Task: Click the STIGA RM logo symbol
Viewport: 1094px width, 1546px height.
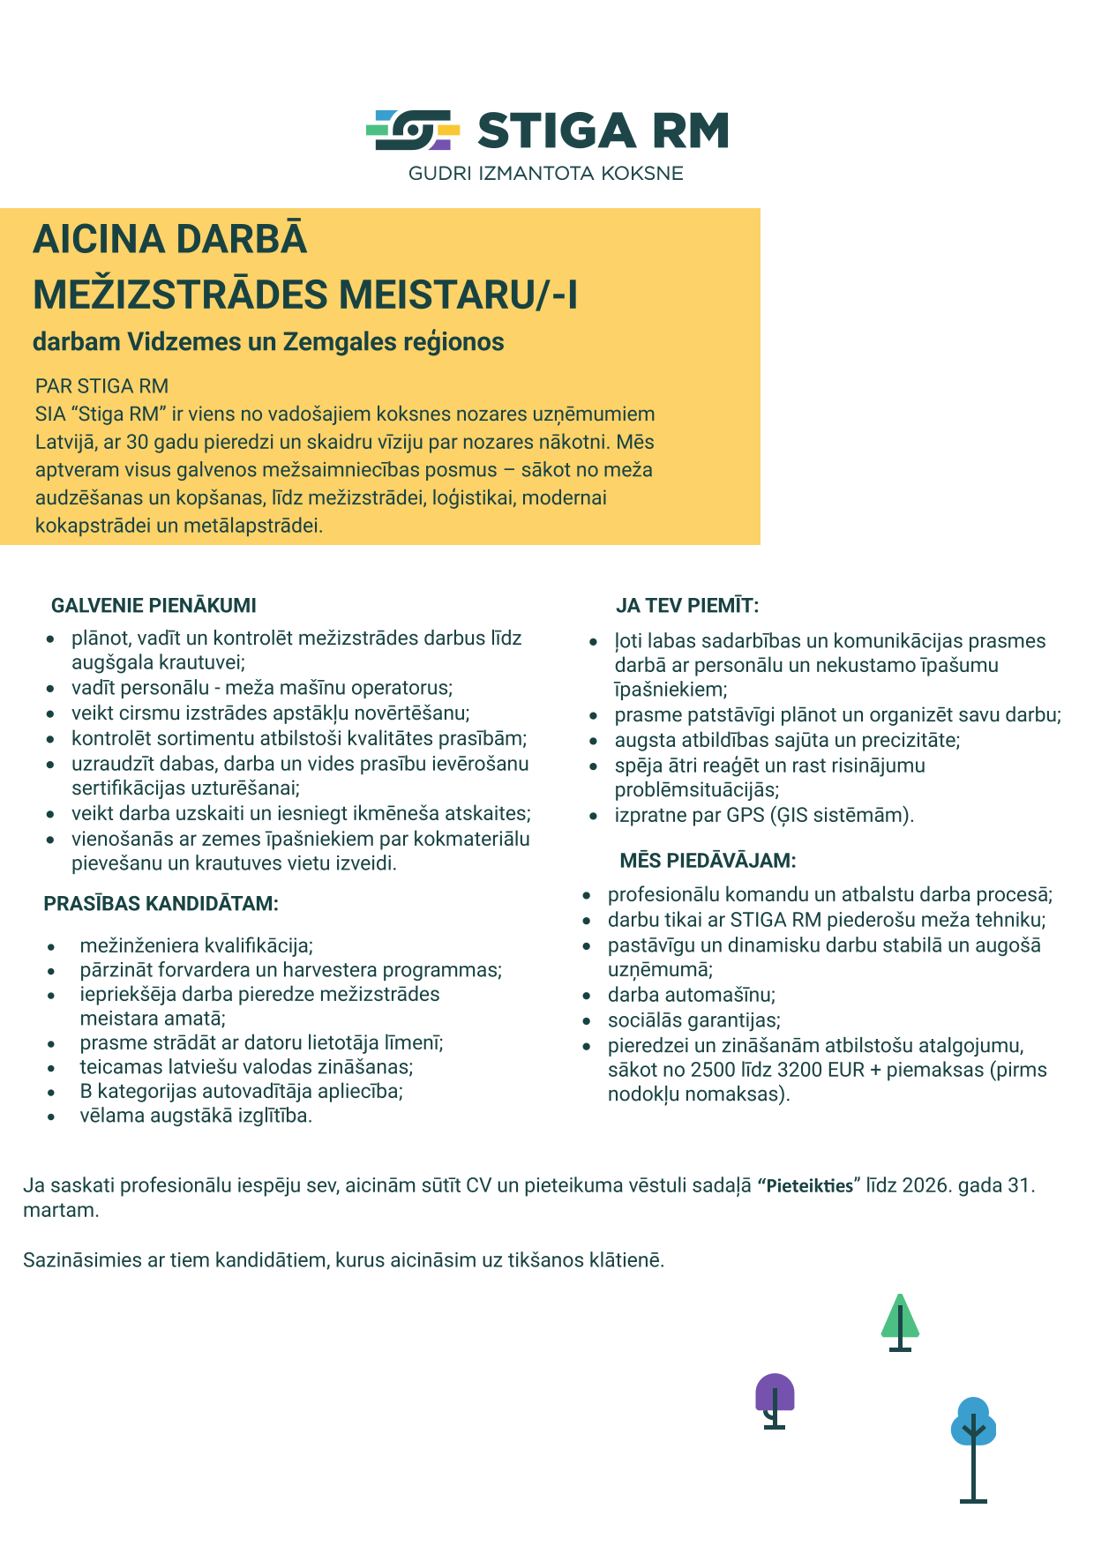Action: pos(413,130)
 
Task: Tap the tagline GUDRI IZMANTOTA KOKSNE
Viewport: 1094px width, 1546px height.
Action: pos(545,174)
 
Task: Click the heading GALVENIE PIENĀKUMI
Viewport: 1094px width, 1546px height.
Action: pos(154,606)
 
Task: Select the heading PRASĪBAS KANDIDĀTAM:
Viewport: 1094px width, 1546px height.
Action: pos(161,904)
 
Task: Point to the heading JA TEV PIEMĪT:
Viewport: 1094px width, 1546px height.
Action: pos(687,606)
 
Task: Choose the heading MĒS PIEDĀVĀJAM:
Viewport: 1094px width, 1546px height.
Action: pos(708,861)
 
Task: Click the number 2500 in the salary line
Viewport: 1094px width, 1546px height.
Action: pos(713,1071)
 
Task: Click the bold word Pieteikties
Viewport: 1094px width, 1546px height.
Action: pos(809,1186)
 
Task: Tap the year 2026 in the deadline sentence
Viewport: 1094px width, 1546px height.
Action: pos(926,1185)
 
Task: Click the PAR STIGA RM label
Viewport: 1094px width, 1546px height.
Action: pos(101,386)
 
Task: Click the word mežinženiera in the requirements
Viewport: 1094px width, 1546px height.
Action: pos(139,946)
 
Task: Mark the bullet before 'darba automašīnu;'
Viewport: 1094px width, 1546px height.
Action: pos(587,996)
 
